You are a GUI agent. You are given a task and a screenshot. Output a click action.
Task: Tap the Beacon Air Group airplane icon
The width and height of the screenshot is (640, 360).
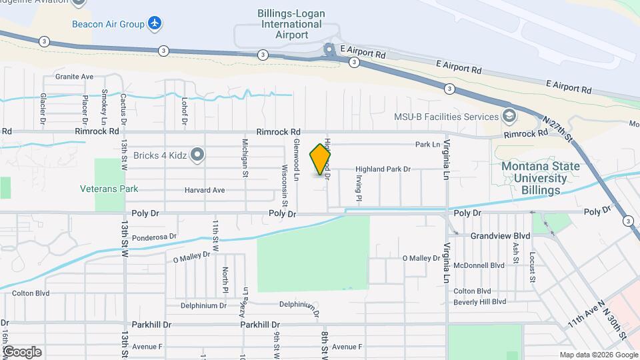[155, 24]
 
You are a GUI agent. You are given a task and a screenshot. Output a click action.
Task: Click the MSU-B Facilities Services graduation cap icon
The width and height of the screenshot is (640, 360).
[509, 117]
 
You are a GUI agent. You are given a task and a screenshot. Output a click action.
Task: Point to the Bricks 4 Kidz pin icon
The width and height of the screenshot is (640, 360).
[197, 155]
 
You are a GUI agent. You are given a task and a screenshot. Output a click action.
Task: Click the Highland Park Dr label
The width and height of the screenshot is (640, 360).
[383, 169]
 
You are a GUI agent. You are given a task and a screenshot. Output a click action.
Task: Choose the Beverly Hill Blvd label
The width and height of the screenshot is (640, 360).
[479, 302]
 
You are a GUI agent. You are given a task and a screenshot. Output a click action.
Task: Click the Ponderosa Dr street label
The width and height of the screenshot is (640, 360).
[154, 237]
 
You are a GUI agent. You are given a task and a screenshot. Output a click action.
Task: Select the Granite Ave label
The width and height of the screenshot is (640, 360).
[74, 77]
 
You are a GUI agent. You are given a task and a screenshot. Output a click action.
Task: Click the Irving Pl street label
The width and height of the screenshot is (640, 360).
[358, 189]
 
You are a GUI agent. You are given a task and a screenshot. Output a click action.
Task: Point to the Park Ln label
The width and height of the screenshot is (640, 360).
[427, 144]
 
